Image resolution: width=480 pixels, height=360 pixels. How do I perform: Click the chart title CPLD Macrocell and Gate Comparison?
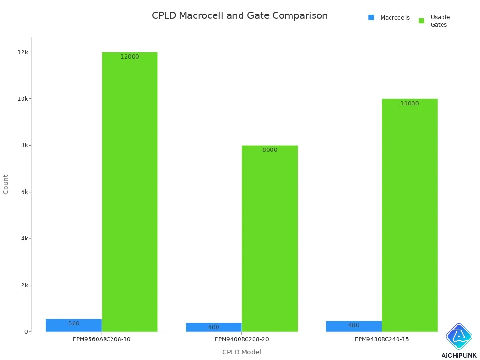240,15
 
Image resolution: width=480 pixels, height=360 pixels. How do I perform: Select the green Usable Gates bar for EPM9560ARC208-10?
130,192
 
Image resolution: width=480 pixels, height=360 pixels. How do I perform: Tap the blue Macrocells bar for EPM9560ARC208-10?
74,325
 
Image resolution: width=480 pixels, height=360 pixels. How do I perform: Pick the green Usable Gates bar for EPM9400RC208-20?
270,239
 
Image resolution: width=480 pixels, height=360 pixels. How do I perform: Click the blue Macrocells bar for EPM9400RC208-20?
214,327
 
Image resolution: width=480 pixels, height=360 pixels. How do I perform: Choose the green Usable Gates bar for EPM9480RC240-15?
410,215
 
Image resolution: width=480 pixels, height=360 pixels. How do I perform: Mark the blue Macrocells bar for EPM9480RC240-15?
354,326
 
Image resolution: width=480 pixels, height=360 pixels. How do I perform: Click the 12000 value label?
130,57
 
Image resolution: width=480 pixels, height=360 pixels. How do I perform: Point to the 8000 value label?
270,150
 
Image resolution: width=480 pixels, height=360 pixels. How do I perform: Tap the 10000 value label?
410,104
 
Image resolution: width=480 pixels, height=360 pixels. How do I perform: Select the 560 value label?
74,323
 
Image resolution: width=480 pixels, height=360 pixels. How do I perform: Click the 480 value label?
354,325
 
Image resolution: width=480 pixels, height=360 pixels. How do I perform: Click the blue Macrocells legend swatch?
371,17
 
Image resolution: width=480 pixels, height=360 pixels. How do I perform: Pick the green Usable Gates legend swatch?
421,21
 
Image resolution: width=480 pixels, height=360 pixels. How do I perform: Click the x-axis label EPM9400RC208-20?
241,339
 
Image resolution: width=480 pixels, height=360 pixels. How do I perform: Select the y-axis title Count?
6,184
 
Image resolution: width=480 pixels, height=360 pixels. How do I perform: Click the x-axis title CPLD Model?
241,352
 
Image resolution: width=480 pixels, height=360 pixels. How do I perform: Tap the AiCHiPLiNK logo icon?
459,337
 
